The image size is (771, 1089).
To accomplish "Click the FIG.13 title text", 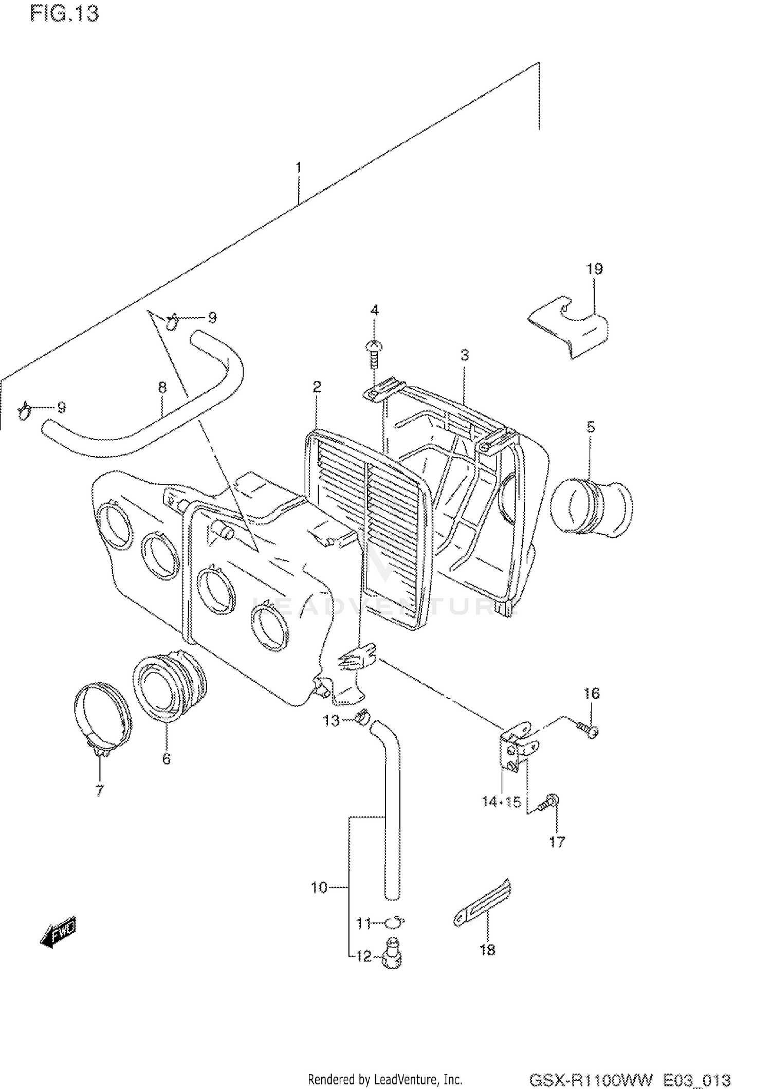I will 64,14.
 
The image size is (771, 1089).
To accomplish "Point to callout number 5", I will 591,427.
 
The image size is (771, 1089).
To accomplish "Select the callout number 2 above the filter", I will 317,387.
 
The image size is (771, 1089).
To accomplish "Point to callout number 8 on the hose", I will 162,387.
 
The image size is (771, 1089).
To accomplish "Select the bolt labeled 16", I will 586,730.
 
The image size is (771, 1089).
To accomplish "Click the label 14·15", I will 501,802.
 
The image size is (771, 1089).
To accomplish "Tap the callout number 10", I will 319,887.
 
